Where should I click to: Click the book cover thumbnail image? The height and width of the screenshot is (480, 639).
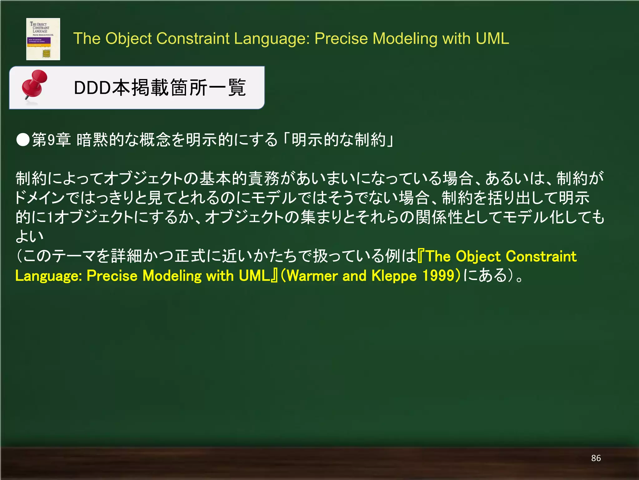coord(43,39)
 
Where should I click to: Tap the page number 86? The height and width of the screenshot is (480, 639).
coord(596,458)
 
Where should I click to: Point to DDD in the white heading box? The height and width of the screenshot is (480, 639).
coord(92,88)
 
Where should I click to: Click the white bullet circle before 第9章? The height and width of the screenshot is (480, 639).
coord(23,140)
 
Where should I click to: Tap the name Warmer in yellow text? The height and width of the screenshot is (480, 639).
coord(312,276)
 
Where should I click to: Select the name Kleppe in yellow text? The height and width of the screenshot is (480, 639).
coord(394,276)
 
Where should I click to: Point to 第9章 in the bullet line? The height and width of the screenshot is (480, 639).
coord(51,140)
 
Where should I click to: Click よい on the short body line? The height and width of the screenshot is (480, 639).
coord(29,236)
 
